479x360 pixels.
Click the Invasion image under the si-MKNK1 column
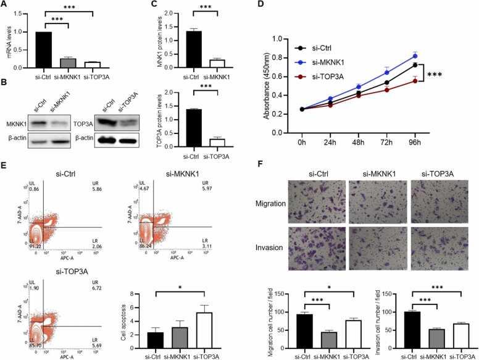tap(370, 249)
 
